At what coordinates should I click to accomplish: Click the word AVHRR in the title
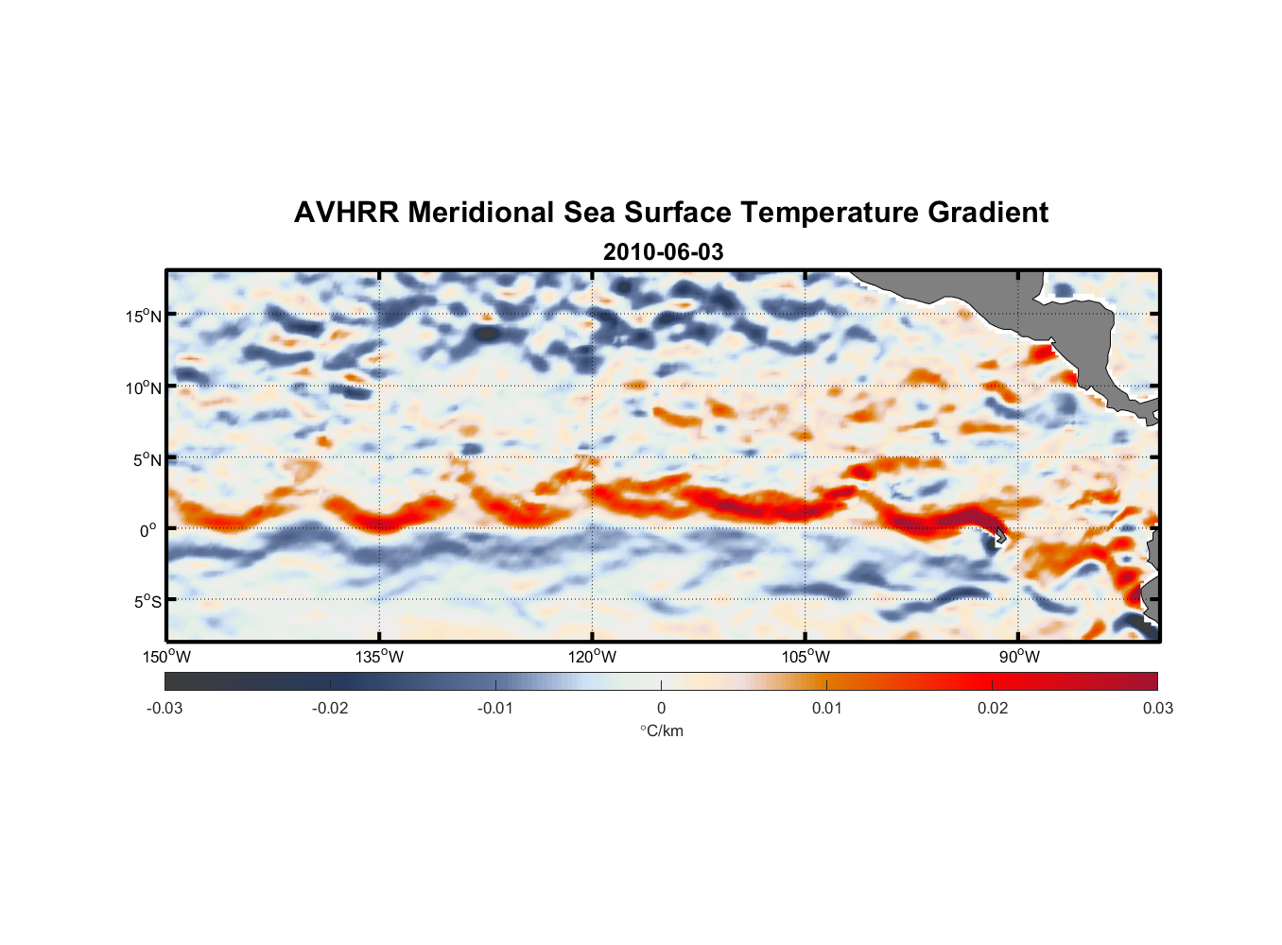(346, 213)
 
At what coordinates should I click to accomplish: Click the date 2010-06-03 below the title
(663, 252)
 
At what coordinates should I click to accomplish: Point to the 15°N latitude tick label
(143, 316)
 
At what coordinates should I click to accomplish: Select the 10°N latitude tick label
(143, 387)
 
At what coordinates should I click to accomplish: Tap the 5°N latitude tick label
(147, 459)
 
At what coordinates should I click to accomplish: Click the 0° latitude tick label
(148, 530)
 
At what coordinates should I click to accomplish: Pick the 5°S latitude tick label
(147, 602)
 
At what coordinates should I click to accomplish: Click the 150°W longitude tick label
(166, 657)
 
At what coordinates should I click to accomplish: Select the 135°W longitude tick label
(379, 657)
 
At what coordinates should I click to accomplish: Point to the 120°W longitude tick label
(592, 657)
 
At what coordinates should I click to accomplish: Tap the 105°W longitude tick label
(806, 657)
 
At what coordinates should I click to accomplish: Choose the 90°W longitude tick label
(1018, 657)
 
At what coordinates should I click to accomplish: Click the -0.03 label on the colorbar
(165, 708)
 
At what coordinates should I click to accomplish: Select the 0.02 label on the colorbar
(992, 708)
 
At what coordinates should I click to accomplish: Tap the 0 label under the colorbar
(661, 708)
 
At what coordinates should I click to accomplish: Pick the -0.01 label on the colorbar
(495, 708)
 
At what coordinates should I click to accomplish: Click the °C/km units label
(661, 730)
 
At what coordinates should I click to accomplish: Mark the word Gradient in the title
(988, 213)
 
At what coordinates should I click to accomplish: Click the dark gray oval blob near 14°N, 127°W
(486, 334)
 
